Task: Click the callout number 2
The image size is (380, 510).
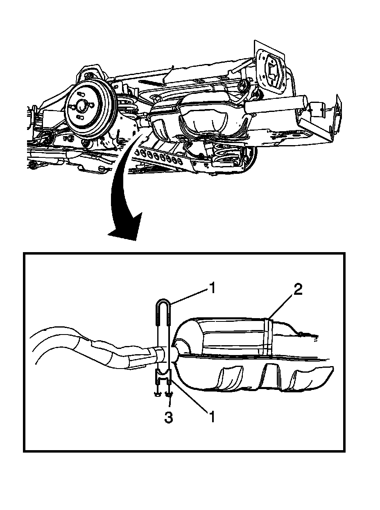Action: [x=298, y=290]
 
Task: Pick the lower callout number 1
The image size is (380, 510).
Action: [x=212, y=417]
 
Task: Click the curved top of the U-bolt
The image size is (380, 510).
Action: [x=163, y=303]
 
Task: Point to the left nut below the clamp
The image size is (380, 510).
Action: [x=157, y=394]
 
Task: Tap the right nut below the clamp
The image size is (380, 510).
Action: [x=169, y=394]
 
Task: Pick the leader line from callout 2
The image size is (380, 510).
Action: [x=283, y=305]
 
